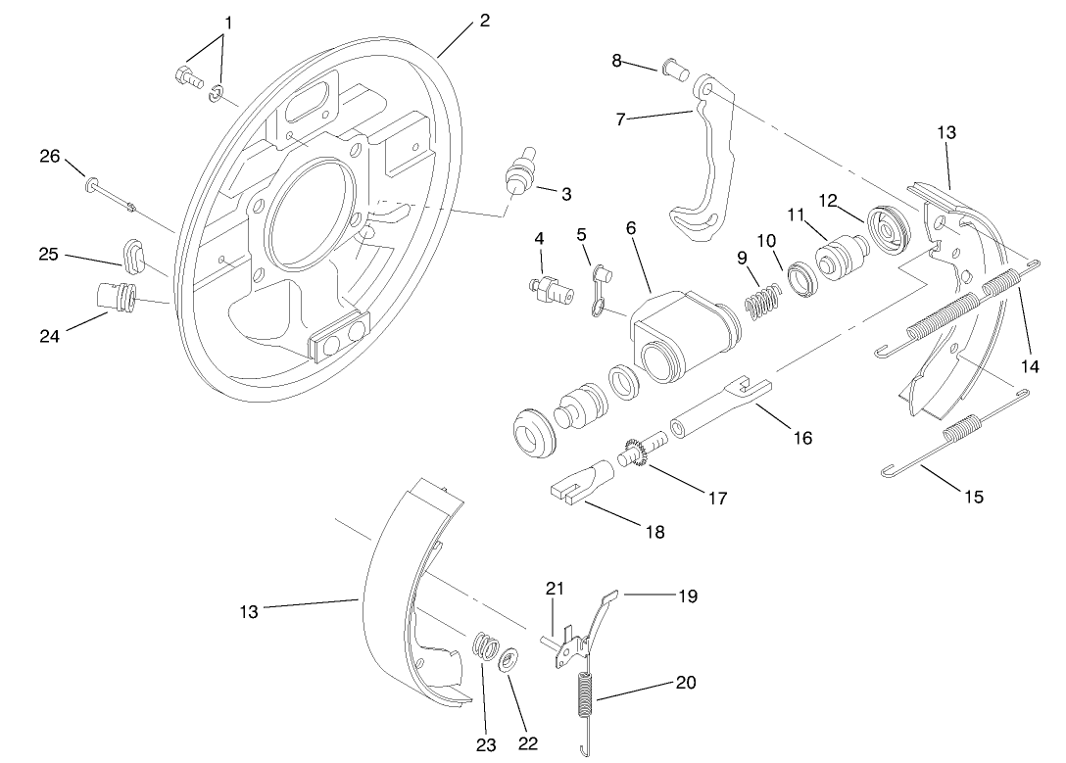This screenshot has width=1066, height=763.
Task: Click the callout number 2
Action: coord(484,21)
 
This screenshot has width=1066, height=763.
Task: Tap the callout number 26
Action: coord(49,156)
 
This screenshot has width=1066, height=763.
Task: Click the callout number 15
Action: coord(973,497)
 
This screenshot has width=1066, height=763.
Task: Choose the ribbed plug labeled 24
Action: coord(116,296)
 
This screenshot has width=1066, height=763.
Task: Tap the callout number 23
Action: coord(486,743)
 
